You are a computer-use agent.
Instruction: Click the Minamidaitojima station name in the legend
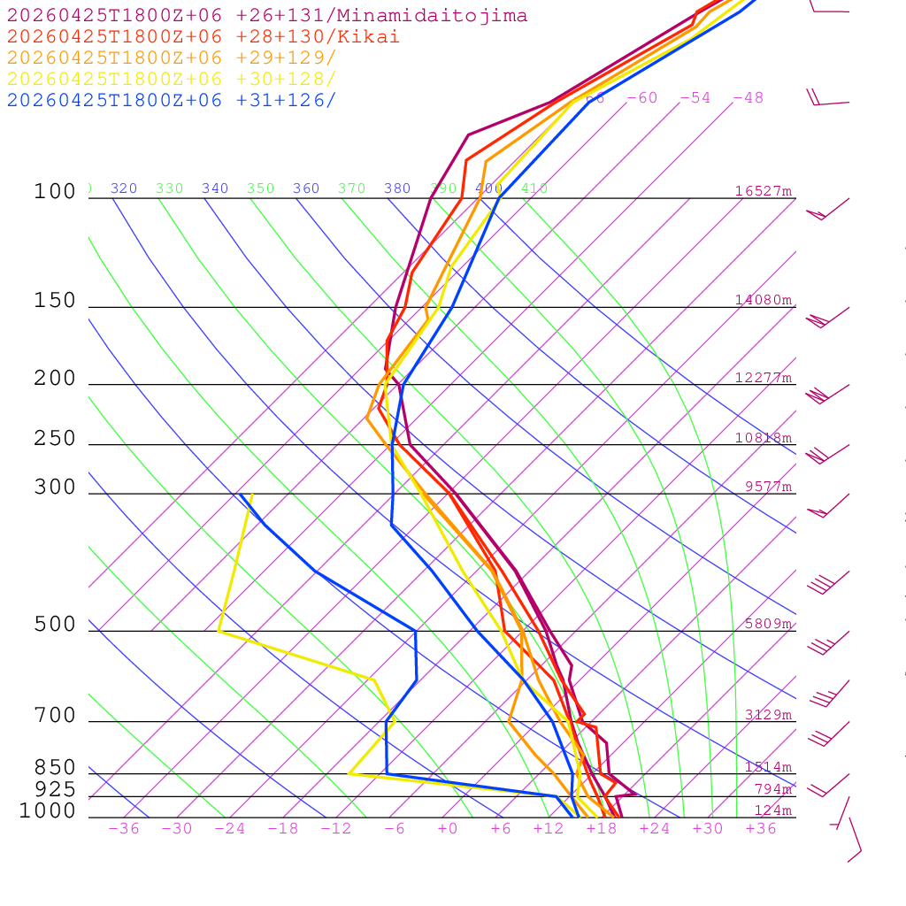click(453, 16)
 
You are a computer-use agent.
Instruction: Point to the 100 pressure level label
click(56, 192)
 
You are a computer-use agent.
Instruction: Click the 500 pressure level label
click(56, 626)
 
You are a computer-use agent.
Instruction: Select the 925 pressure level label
click(56, 789)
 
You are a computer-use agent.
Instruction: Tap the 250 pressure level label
click(56, 439)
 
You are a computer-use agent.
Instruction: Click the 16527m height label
click(764, 191)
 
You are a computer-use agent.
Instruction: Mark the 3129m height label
click(768, 715)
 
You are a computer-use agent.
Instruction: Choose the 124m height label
click(772, 810)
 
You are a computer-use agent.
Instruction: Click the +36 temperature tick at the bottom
click(761, 829)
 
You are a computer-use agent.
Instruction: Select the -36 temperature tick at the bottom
click(124, 829)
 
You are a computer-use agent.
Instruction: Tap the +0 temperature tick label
click(448, 829)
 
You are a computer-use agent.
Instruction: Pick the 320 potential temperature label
click(124, 188)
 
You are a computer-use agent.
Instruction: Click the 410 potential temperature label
click(534, 188)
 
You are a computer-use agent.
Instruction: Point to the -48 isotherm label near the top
click(748, 98)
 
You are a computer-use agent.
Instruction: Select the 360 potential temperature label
click(306, 188)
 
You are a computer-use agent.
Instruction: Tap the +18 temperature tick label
click(602, 829)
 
